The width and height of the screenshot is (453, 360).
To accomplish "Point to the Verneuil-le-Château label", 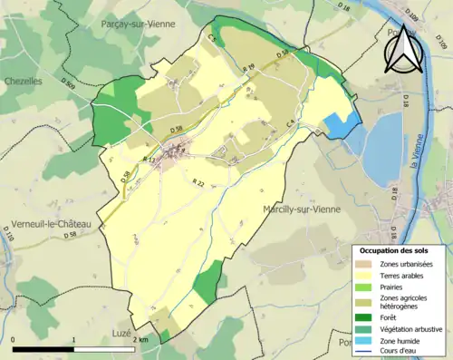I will tap(43, 224).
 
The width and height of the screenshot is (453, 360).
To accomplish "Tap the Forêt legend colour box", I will tap(366, 316).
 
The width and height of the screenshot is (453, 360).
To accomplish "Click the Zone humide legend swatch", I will tap(366, 340).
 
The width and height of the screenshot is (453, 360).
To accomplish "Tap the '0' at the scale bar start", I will tap(14, 339).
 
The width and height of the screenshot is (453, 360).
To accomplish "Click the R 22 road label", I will tap(197, 183).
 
